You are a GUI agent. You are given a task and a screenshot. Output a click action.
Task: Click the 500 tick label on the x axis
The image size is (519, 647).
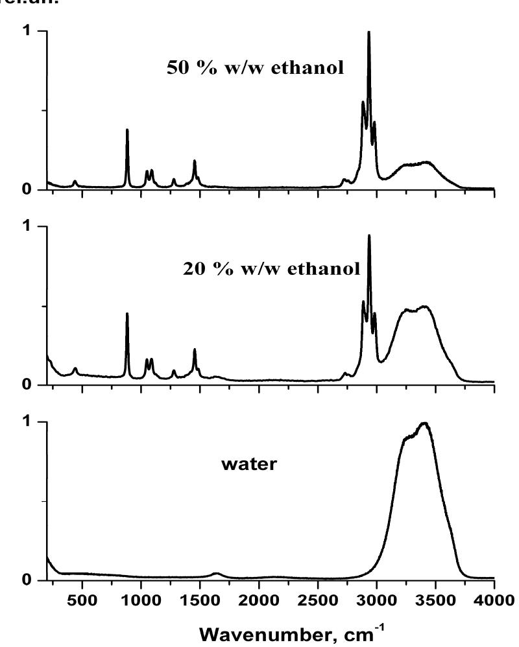(82, 598)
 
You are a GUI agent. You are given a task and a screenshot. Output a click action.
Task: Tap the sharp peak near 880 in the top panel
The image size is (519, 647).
(127, 130)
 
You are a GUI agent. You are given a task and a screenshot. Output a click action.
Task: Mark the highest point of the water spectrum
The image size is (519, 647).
(425, 423)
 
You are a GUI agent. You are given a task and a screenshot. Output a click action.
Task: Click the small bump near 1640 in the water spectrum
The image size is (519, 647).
(217, 573)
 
